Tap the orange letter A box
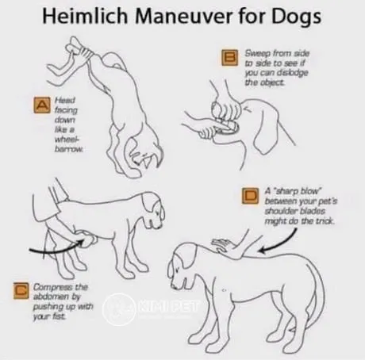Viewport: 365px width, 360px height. point(40,104)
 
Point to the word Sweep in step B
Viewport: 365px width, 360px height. point(259,50)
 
